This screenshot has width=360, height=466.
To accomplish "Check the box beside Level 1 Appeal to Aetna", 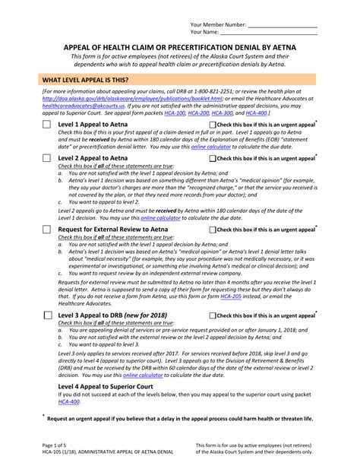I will coord(46,124).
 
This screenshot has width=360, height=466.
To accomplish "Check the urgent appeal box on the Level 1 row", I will coord(212,124).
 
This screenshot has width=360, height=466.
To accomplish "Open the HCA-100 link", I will coord(175,112).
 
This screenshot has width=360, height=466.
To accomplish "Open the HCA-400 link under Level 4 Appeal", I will coord(70,401).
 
